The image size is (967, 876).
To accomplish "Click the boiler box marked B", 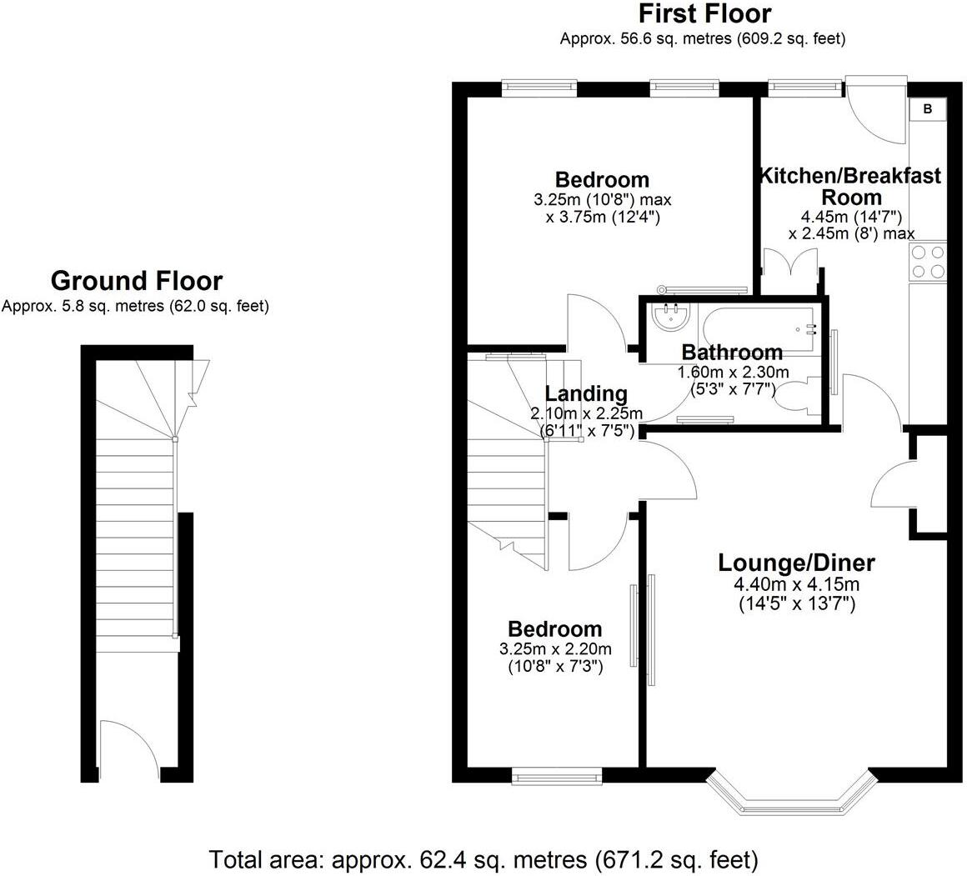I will (x=928, y=109).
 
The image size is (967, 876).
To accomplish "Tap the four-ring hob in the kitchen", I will (x=928, y=262).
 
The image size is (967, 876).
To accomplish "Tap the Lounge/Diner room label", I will (x=796, y=563).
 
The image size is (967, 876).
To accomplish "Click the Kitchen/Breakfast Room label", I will (x=849, y=187).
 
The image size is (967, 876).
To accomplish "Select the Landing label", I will (x=586, y=393).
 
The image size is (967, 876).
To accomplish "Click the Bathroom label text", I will (x=732, y=352).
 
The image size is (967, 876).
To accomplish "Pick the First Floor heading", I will (x=704, y=14).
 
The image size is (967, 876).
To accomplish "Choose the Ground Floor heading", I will (x=137, y=281).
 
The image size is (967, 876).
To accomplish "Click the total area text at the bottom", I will (x=483, y=858).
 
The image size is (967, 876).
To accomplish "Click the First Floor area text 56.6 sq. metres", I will (x=704, y=38).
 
